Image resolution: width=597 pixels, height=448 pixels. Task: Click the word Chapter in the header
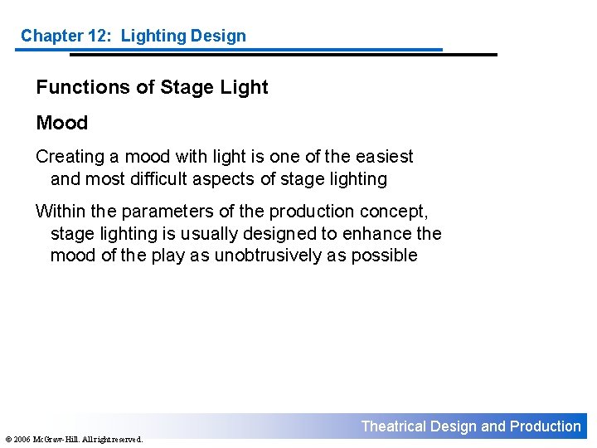[x=51, y=36]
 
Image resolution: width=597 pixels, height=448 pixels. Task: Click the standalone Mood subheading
[x=62, y=123]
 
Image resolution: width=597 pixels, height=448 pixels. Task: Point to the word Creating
[x=67, y=157]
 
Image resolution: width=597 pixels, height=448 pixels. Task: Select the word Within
[x=60, y=212]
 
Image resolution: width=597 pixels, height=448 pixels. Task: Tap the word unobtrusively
[x=269, y=255]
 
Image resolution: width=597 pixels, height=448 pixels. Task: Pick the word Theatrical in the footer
[x=393, y=426]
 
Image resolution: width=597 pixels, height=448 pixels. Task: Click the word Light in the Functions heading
[x=245, y=88]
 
